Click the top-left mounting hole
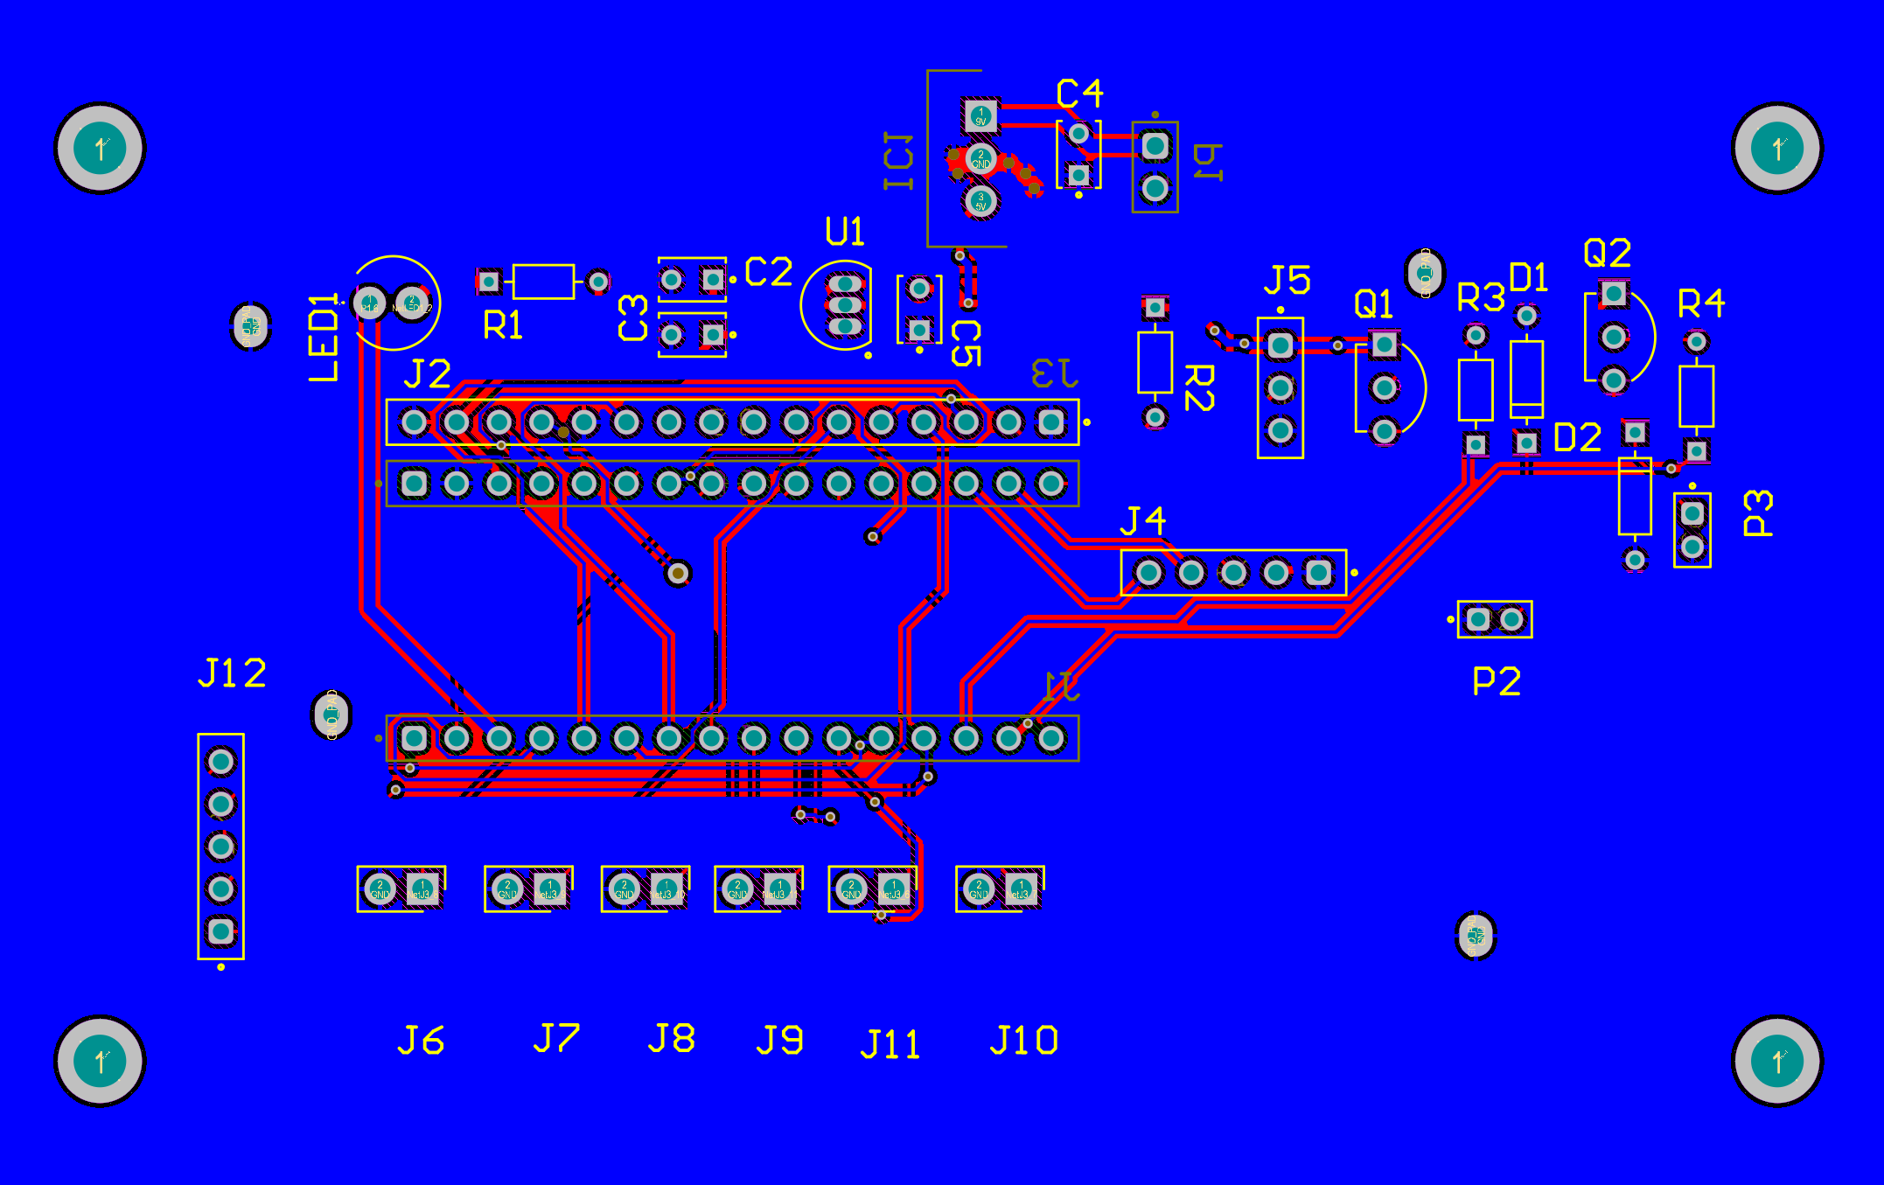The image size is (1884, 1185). (x=100, y=148)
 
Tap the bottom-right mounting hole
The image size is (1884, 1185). (x=1777, y=1061)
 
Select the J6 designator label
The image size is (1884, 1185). (x=421, y=1041)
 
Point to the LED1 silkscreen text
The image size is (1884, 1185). (x=324, y=338)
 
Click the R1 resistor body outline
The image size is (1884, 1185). (x=543, y=282)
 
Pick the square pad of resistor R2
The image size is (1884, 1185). (x=1155, y=308)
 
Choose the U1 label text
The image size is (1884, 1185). (x=845, y=232)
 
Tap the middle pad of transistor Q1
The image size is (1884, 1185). (x=1384, y=387)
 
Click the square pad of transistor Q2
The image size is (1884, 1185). (x=1614, y=294)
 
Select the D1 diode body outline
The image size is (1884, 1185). (x=1526, y=379)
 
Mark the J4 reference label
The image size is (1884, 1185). (x=1143, y=521)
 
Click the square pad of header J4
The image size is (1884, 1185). (x=1318, y=573)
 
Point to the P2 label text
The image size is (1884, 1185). (x=1497, y=681)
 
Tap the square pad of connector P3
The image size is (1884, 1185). (x=1692, y=513)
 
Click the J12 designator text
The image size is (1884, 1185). (x=232, y=673)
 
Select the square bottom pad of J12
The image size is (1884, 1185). (x=220, y=931)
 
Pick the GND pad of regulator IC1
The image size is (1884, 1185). (x=980, y=159)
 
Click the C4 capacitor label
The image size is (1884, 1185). (x=1079, y=94)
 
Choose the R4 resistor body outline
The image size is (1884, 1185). (x=1696, y=396)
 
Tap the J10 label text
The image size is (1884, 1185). (x=1023, y=1041)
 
